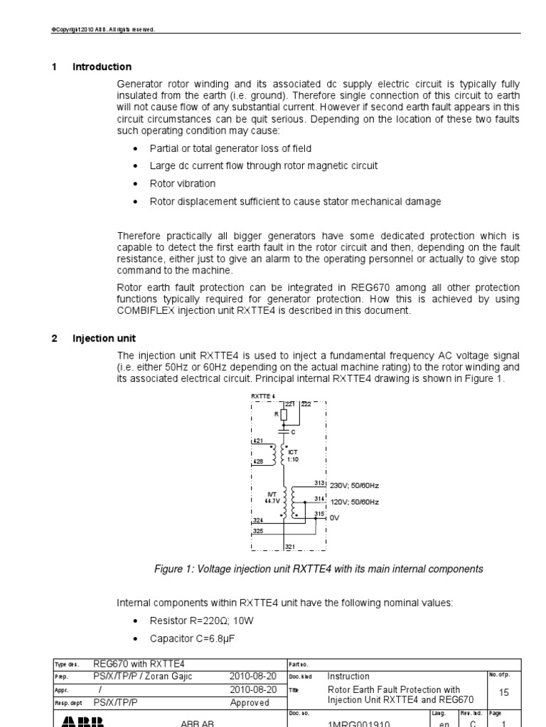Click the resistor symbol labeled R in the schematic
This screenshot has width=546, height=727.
coord(284,415)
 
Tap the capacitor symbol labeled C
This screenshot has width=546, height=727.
coord(284,430)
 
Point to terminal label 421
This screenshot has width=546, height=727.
coord(257,441)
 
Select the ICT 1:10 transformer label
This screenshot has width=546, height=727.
coord(292,455)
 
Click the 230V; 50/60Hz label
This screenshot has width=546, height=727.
coord(353,486)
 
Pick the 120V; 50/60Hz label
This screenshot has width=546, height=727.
coord(353,501)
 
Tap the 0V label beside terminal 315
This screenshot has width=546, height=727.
coord(334,518)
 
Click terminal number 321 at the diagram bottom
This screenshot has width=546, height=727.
coord(290,546)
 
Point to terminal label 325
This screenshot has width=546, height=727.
coord(257,530)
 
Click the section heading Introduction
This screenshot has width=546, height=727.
coord(102,67)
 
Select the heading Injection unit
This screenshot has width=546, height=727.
coord(104,339)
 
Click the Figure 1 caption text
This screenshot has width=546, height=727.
coord(318,569)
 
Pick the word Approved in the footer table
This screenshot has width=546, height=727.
coord(250,703)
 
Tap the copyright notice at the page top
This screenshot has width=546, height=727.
coord(103,30)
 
